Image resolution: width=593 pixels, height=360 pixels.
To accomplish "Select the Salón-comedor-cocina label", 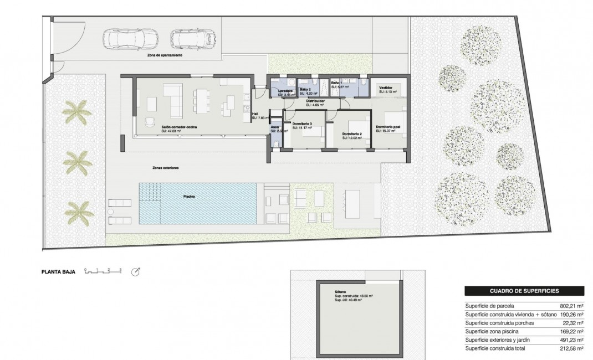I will point(180,127).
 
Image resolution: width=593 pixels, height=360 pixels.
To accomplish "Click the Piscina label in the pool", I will point(190,196).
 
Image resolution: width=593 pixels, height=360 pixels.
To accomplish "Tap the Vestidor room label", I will point(386,88).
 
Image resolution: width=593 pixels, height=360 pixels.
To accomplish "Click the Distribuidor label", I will point(315,101).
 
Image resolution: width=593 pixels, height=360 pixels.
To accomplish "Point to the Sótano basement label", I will point(340,291).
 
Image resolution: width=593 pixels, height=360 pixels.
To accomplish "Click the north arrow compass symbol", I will point(135,271).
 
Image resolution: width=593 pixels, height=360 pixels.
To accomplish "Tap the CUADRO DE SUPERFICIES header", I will point(524,290).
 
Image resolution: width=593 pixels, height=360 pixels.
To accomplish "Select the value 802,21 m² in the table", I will point(571,305).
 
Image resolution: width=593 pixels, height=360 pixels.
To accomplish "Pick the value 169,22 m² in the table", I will point(571,331).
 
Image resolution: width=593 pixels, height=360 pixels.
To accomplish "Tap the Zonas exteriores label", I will point(166,167).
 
